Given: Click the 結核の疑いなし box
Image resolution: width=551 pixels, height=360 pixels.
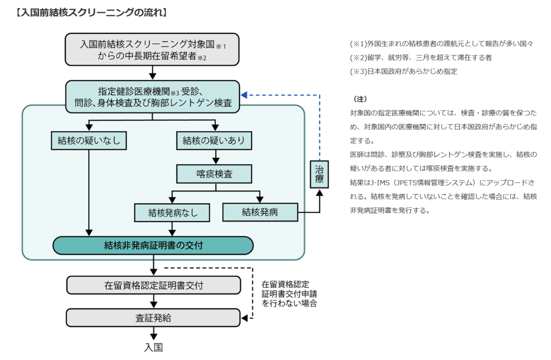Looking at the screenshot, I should click(x=89, y=140).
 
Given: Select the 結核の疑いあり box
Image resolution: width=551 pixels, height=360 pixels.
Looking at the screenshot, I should click(x=214, y=140).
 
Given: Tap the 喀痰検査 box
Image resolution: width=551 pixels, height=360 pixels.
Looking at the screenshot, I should click(x=214, y=174).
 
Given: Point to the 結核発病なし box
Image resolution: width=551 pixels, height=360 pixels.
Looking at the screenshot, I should click(x=172, y=212).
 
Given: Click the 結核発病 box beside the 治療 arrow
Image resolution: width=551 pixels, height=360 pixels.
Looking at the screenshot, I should click(x=260, y=212).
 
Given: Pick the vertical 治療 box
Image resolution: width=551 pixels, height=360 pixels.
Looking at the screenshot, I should click(x=319, y=174).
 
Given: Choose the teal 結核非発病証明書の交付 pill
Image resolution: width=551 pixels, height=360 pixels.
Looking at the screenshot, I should click(x=153, y=245).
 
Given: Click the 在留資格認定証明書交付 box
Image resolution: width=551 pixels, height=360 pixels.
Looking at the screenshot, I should click(x=153, y=285).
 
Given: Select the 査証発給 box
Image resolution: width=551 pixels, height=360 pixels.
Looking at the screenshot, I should click(x=153, y=318).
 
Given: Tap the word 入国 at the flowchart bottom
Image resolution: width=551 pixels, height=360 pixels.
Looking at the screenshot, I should click(x=153, y=347).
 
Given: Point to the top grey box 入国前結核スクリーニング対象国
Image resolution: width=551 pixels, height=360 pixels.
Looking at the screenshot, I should click(x=153, y=50).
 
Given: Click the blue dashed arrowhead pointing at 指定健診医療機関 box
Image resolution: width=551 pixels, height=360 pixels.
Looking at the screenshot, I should click(x=244, y=94).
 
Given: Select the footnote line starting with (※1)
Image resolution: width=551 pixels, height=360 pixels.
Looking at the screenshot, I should click(x=442, y=44).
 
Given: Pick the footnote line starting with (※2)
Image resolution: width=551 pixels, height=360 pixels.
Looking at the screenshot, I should click(x=421, y=58).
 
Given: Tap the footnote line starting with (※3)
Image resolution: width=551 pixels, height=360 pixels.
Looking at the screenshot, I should click(x=404, y=71).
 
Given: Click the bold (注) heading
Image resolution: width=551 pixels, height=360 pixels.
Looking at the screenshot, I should click(x=360, y=99).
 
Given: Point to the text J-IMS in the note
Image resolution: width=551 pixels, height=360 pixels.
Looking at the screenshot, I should click(x=381, y=182).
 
